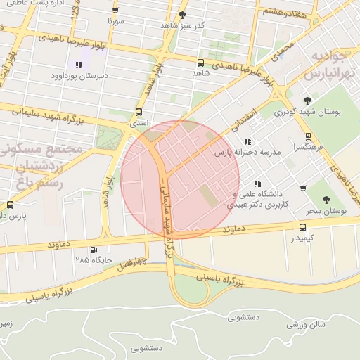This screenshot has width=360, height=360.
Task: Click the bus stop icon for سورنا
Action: [115, 11]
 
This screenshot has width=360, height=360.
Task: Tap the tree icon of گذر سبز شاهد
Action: [183, 14]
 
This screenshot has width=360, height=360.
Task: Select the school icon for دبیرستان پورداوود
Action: [78, 65]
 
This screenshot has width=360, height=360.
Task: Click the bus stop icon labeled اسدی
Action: [139, 112]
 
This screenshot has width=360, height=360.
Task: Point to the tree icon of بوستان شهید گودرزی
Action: [307, 101]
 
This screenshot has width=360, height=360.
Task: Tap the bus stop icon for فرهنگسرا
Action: [308, 137]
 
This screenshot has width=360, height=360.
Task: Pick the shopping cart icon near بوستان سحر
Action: [303, 188]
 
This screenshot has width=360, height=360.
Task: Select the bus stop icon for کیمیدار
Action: [302, 227]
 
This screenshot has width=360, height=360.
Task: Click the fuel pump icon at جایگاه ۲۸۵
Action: [94, 250]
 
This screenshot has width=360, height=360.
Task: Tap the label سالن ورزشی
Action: [306, 325]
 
